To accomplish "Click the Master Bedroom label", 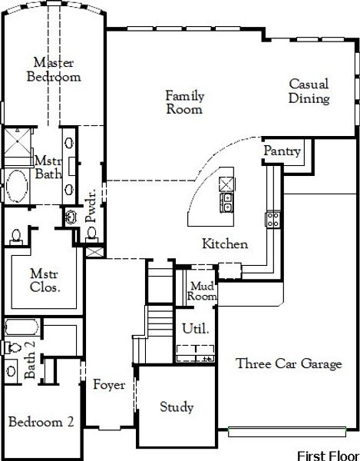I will click(x=53, y=69).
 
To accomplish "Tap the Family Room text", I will click(x=185, y=102).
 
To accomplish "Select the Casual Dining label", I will click(x=309, y=91).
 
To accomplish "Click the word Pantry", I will click(x=282, y=151).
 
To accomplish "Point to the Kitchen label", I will click(x=224, y=244).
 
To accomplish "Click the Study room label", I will click(x=177, y=407).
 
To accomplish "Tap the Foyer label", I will click(x=109, y=385).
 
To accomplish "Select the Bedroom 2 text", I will click(x=41, y=422).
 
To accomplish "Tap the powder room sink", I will click(x=71, y=217).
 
